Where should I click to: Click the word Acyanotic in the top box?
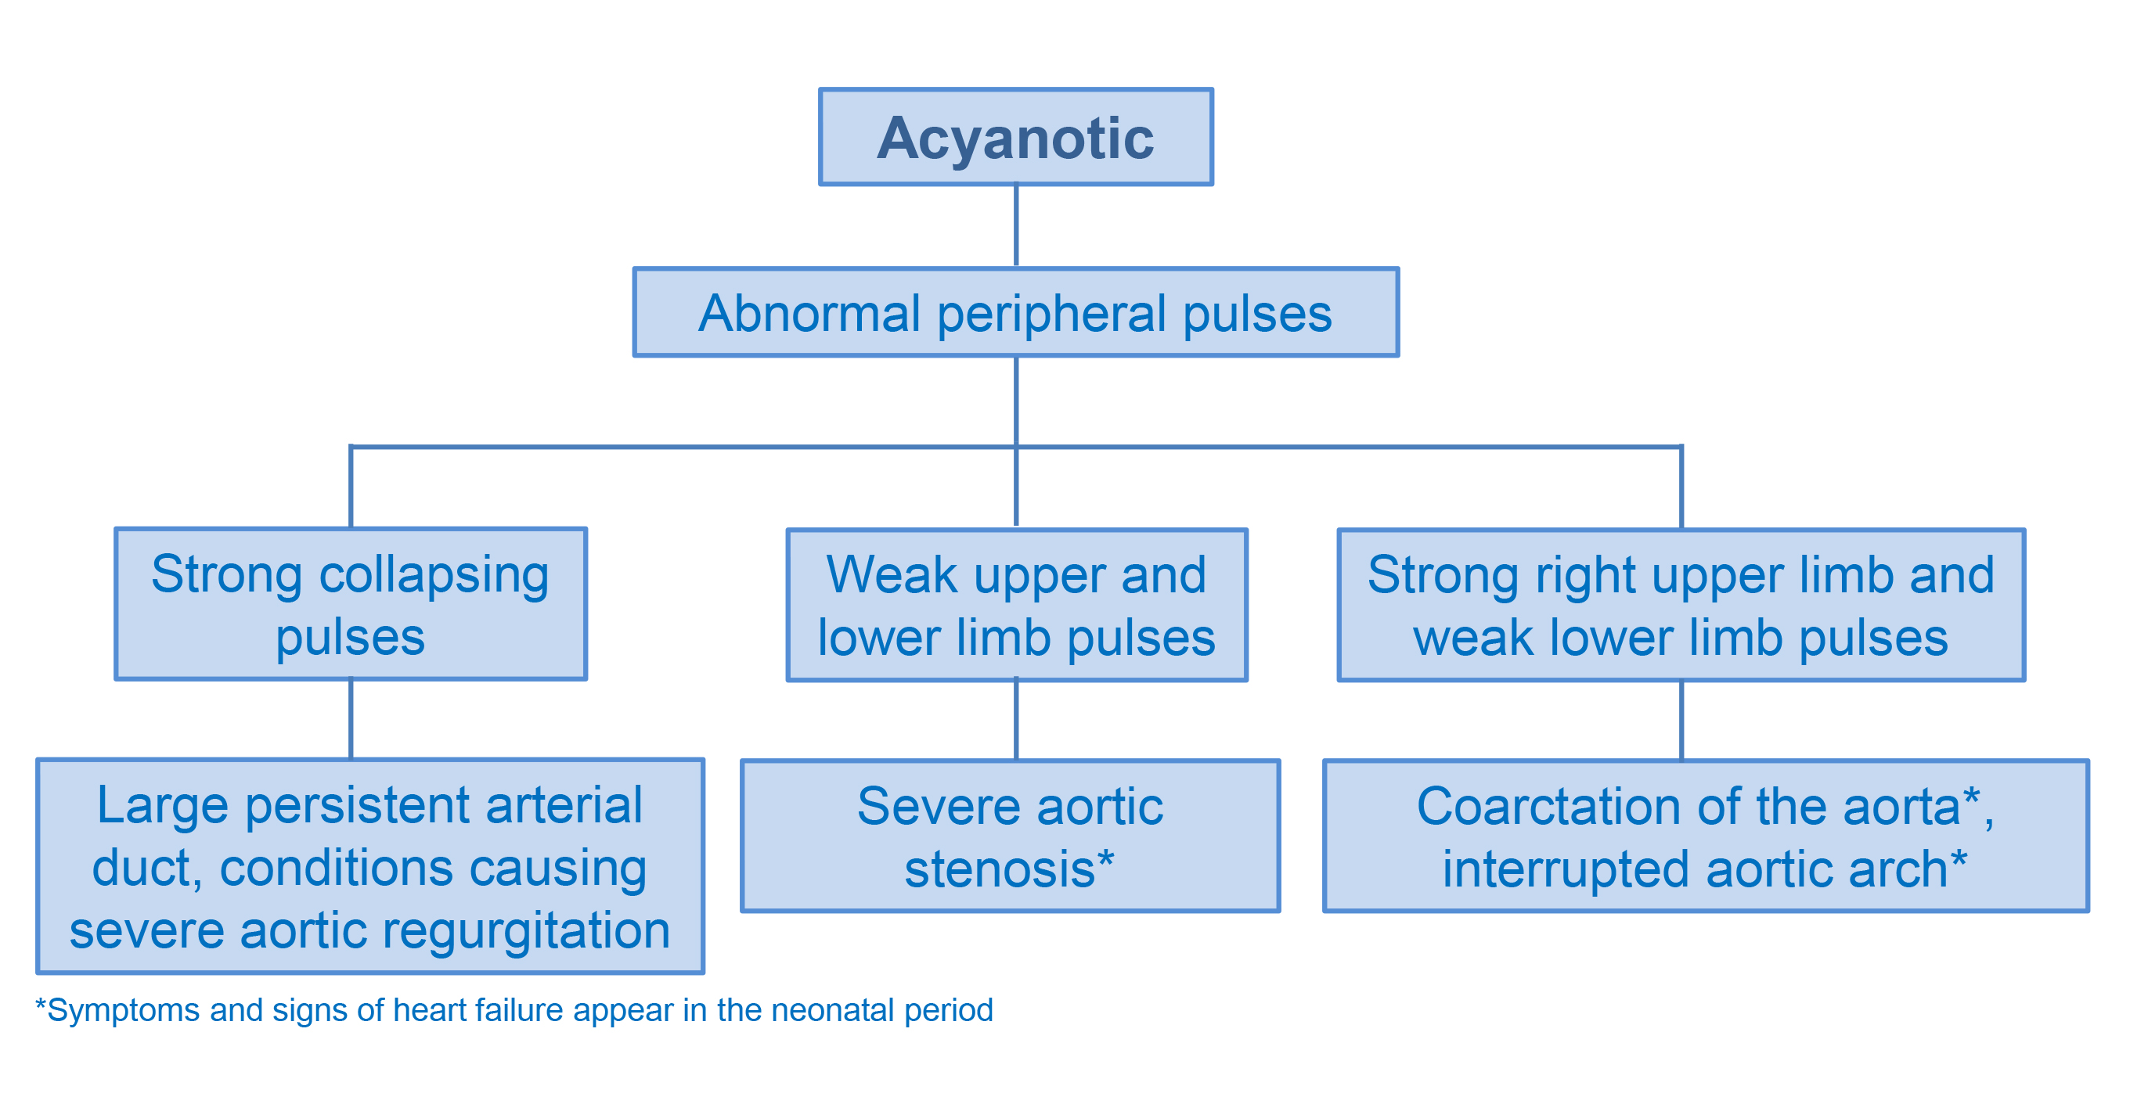coord(1015,138)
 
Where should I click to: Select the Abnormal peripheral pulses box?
coord(1015,311)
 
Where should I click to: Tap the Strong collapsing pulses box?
coord(351,603)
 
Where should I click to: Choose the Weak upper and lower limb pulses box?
coord(1016,604)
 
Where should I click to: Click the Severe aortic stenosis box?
coord(1010,835)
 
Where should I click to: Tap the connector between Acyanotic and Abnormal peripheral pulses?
coord(1015,225)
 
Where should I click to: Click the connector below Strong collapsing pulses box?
coord(351,719)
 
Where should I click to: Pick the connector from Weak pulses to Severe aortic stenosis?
coord(1015,720)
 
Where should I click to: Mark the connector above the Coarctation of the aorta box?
coord(1681,720)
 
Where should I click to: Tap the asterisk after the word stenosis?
coord(1105,858)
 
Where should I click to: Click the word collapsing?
coord(434,575)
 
